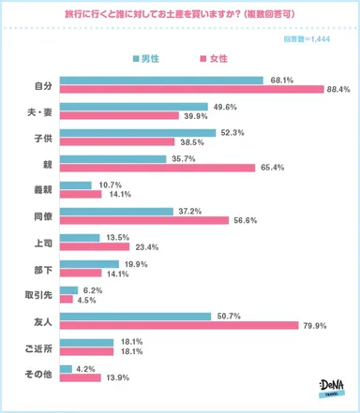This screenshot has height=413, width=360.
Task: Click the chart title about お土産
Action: [179, 16]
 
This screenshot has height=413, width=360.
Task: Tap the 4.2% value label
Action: [83, 368]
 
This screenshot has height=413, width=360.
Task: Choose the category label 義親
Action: [37, 189]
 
